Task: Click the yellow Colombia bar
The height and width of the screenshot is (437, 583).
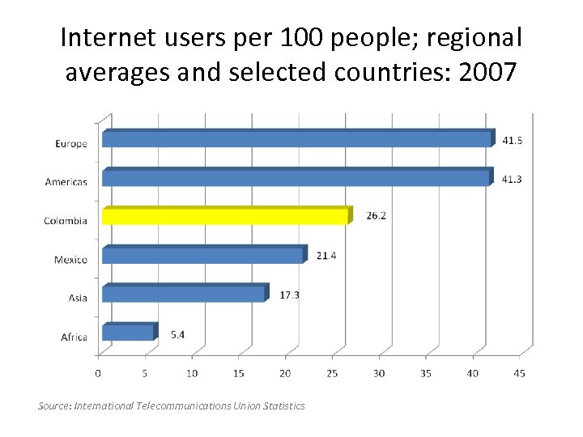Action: coord(225,217)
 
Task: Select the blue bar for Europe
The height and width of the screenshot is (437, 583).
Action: coord(296,139)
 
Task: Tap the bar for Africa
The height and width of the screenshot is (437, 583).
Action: coord(127,333)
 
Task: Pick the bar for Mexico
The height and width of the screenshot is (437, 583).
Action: coord(202,255)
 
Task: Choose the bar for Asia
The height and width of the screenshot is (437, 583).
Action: coord(183,294)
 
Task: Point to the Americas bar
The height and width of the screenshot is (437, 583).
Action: coord(296,178)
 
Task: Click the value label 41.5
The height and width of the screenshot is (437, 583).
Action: coord(512,140)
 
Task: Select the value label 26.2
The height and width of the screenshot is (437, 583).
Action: coord(376,217)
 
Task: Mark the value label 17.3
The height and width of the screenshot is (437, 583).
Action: coord(289,295)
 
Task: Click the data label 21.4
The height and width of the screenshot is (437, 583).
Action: coord(326,256)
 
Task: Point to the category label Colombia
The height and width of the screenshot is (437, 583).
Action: coord(66,221)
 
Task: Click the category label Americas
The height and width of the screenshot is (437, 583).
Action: coord(66,182)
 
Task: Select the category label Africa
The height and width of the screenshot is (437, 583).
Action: coord(74,337)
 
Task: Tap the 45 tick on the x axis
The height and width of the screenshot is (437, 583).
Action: coord(519,373)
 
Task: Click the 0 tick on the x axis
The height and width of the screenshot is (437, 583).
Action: coord(98,373)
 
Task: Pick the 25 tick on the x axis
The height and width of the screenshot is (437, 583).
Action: coord(332,373)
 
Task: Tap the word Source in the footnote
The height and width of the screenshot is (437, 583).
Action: coord(54,405)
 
